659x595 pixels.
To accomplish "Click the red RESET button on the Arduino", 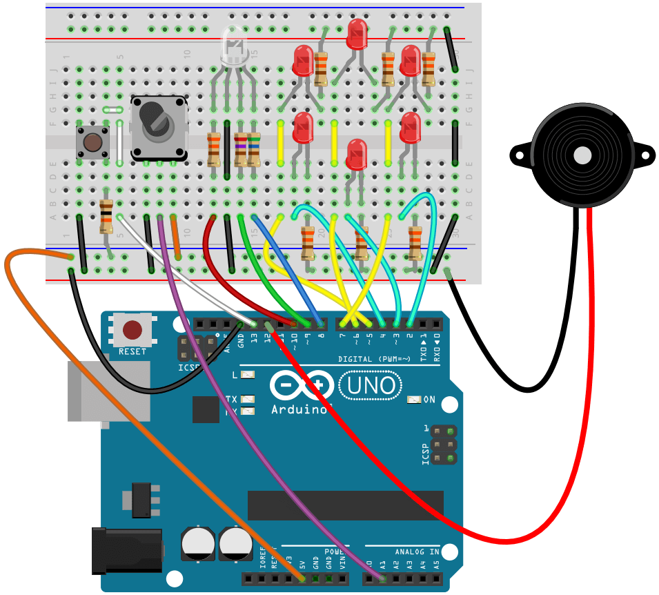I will [x=132, y=331].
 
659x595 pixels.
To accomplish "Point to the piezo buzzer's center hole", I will [x=582, y=154].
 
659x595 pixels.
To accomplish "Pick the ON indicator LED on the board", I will [x=414, y=400].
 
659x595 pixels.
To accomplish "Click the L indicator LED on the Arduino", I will [x=247, y=375].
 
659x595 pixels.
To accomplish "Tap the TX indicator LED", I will [x=247, y=400].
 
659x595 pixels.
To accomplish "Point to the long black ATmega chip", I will [x=345, y=505].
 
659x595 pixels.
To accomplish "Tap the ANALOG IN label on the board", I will [x=417, y=552].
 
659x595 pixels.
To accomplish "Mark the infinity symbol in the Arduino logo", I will [x=298, y=385].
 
